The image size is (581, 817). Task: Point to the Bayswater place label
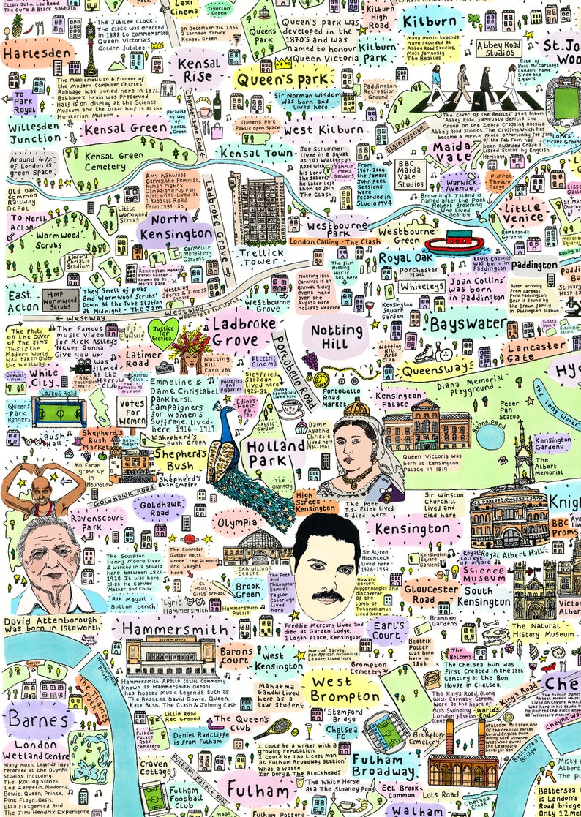point(468,323)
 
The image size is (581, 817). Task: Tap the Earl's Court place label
point(386,631)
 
